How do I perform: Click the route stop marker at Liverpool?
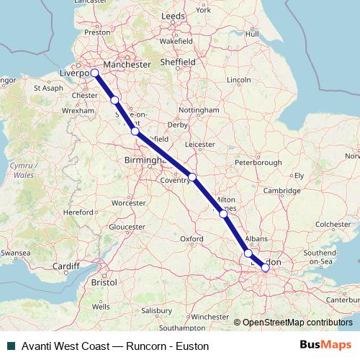94,72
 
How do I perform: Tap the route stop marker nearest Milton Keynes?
223,213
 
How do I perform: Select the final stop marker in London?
266,268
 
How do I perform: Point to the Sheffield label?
178,63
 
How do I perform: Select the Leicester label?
200,145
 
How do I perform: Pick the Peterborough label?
258,163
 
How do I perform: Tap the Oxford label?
191,238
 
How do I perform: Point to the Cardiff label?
66,266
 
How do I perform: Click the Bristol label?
104,283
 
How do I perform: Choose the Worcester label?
128,203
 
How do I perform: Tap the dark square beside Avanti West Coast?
10,346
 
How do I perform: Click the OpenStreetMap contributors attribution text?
297,322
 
